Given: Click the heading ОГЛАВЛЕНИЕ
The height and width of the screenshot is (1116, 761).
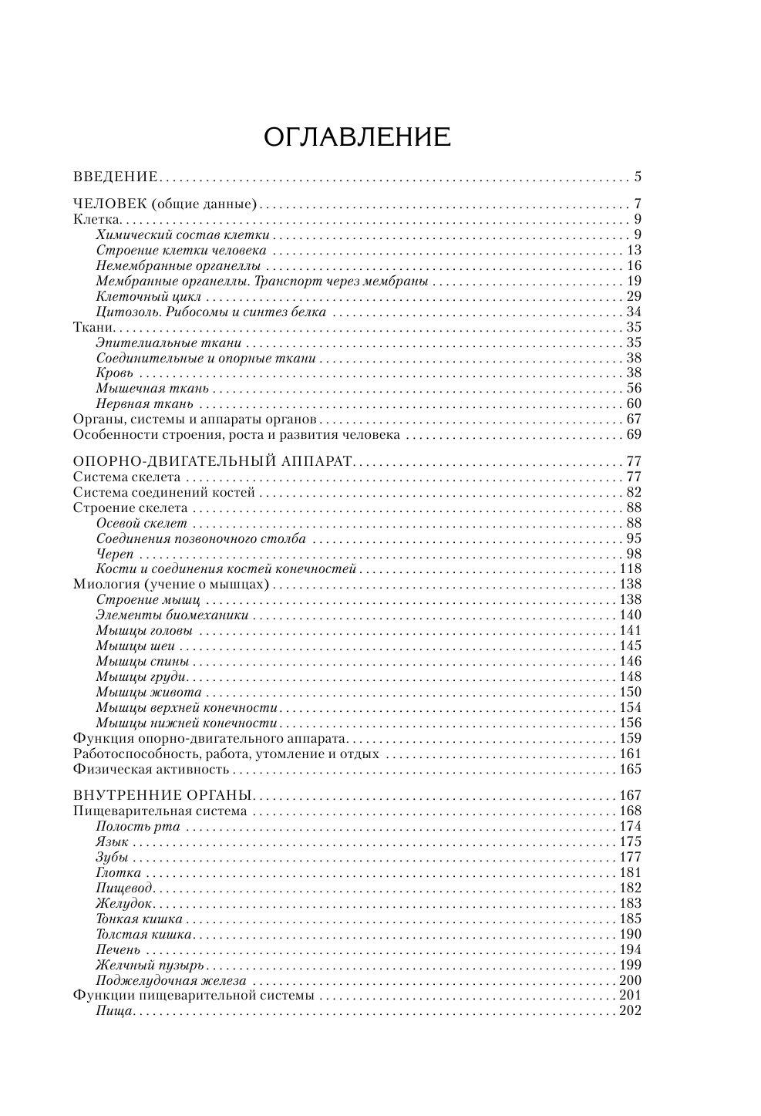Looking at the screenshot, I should tap(357, 137).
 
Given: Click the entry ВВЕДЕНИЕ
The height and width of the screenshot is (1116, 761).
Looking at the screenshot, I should tap(116, 177).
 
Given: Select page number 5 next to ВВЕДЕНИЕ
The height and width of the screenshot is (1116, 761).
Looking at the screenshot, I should tap(638, 177).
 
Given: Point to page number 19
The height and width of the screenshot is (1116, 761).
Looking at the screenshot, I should tap(635, 282).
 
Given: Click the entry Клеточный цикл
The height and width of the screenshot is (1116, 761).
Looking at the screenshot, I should tap(149, 297).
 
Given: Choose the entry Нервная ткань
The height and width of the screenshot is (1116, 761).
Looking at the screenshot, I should tap(144, 404).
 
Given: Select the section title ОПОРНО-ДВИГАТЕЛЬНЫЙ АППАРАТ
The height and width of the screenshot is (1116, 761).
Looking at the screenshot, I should tap(212, 462).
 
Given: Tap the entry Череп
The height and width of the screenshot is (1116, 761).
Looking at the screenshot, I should tap(115, 555).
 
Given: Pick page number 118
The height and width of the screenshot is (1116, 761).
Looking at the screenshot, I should tap(631, 569).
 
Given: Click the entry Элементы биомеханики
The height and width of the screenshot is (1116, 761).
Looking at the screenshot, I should tap(173, 615).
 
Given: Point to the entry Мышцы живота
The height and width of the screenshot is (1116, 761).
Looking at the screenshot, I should tap(149, 693).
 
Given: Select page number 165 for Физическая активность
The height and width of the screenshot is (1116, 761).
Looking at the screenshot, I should tap(631, 769).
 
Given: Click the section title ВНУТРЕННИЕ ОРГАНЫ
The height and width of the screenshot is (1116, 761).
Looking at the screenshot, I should tap(163, 796).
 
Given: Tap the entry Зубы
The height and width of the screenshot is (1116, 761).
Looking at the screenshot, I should tap(112, 858).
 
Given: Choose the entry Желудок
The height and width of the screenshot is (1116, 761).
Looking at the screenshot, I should tap(124, 904).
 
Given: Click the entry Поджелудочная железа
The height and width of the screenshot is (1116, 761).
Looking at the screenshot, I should tap(171, 981).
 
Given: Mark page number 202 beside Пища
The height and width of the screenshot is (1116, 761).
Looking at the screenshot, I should tap(631, 1011).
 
